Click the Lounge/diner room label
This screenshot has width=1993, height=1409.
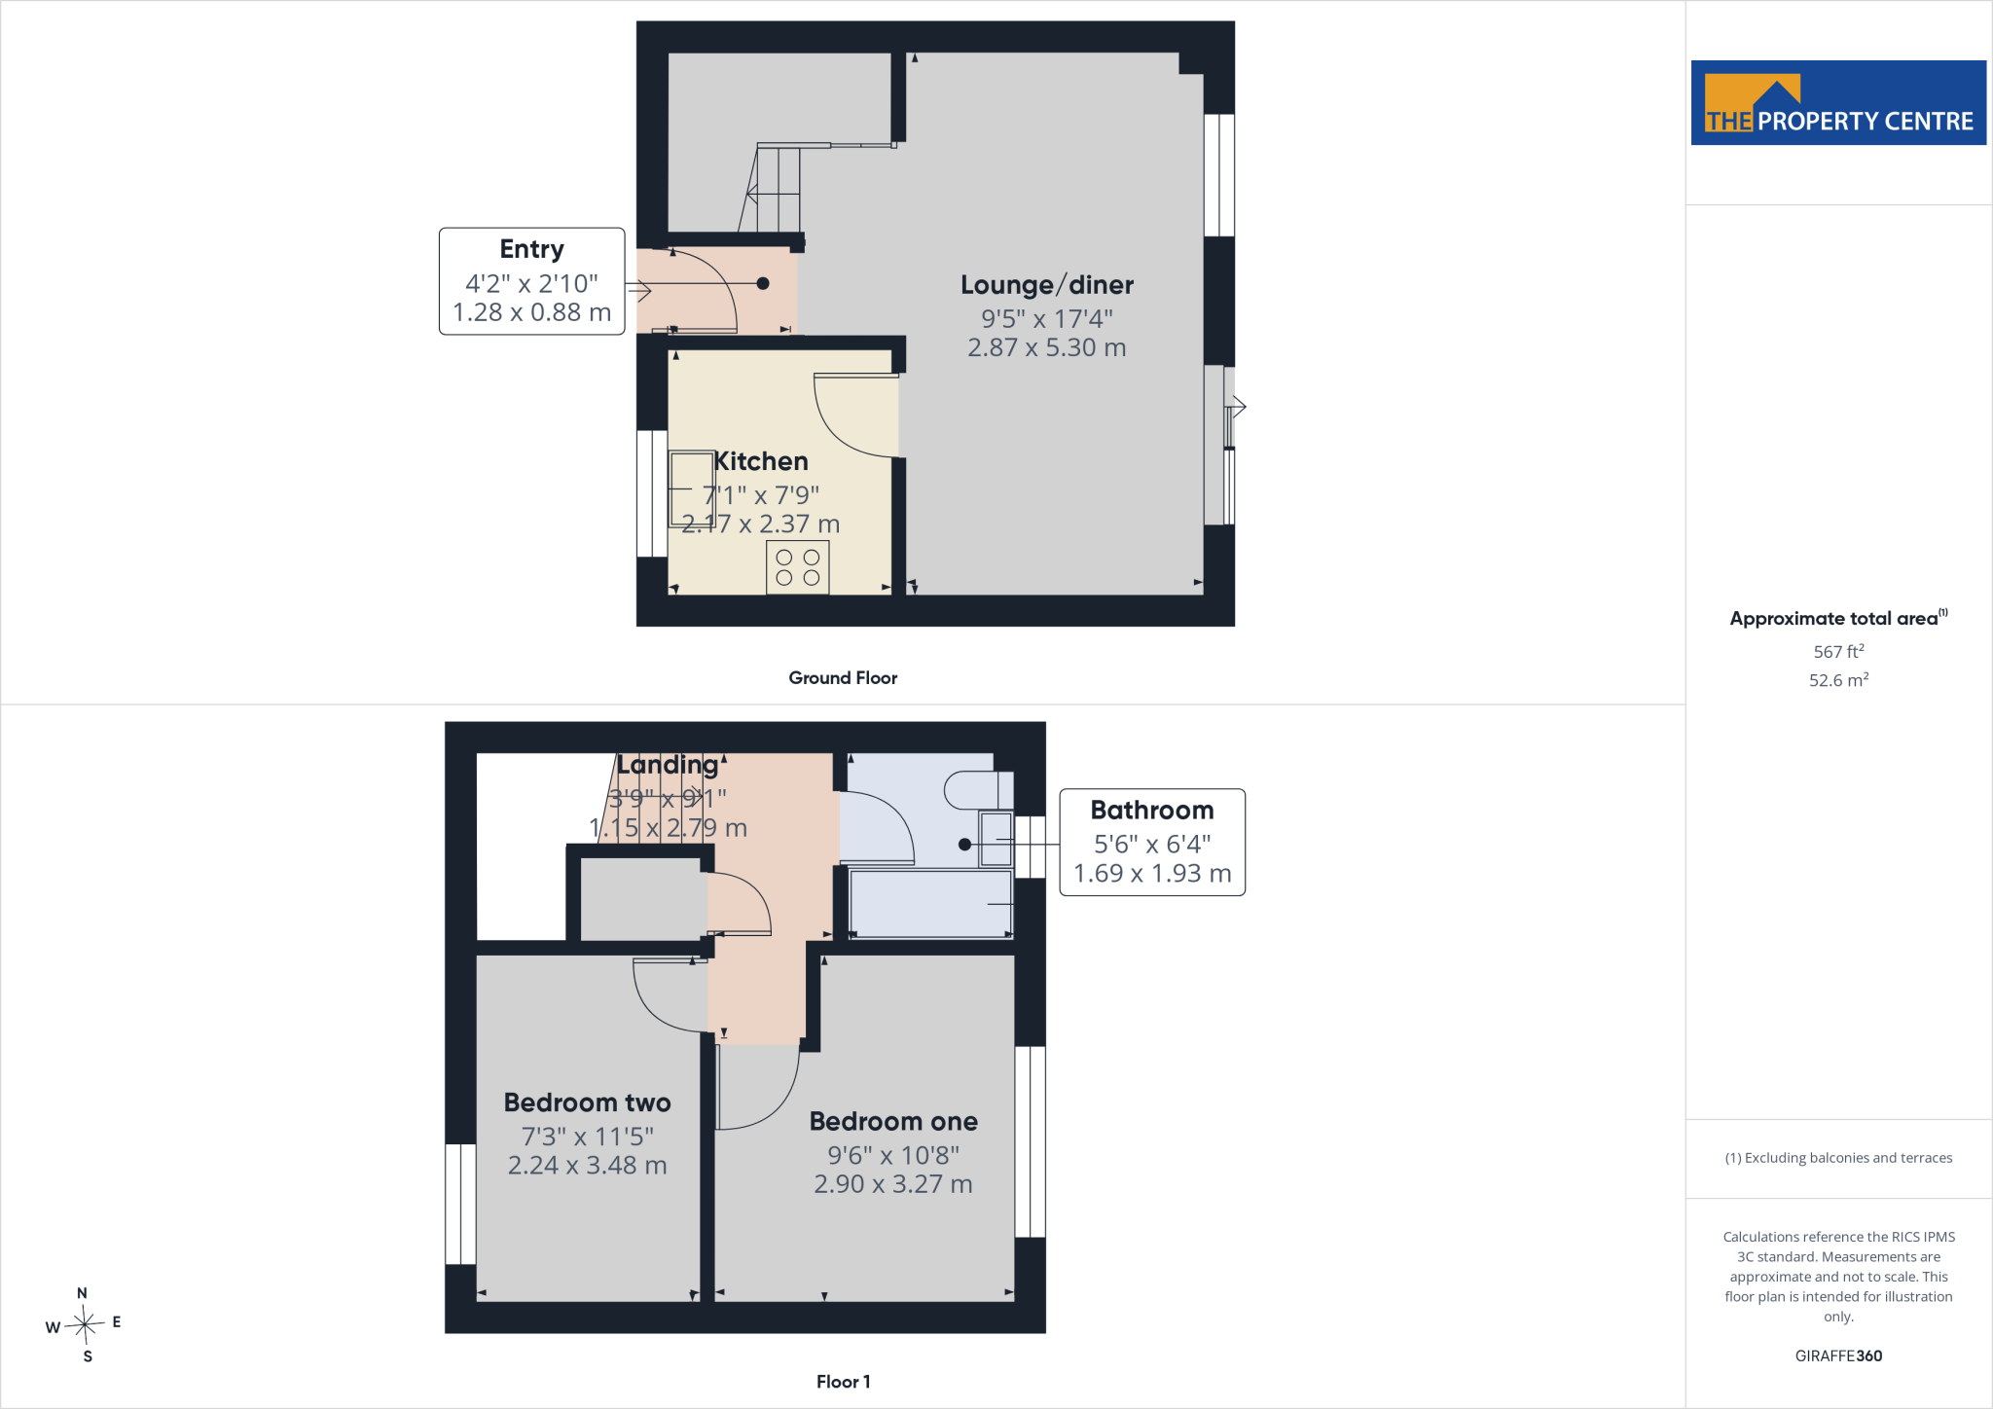point(1047,285)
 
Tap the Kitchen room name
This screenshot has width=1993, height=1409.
point(761,461)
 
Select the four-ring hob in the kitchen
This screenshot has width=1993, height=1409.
point(798,567)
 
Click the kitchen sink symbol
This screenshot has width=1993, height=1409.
point(692,488)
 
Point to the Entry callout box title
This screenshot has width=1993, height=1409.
point(531,249)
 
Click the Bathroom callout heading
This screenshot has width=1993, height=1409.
point(1152,810)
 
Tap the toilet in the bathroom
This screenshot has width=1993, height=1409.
point(979,790)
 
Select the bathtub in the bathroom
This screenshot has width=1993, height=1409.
point(931,904)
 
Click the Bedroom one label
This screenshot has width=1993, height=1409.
point(893,1121)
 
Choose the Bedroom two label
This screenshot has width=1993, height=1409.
point(587,1102)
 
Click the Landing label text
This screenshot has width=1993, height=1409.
point(668,766)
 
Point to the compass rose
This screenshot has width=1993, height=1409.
point(85,1323)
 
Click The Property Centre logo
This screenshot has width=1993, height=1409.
point(1838,103)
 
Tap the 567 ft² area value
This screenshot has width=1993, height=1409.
point(1838,651)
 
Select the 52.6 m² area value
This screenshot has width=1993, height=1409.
point(1838,679)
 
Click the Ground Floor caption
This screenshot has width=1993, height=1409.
point(843,678)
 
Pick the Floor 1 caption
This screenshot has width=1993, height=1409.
point(843,1382)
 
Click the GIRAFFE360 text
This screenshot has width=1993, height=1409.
point(1838,1355)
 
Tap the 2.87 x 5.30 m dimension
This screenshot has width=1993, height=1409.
point(1047,347)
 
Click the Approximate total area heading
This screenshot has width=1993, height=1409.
point(1838,618)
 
